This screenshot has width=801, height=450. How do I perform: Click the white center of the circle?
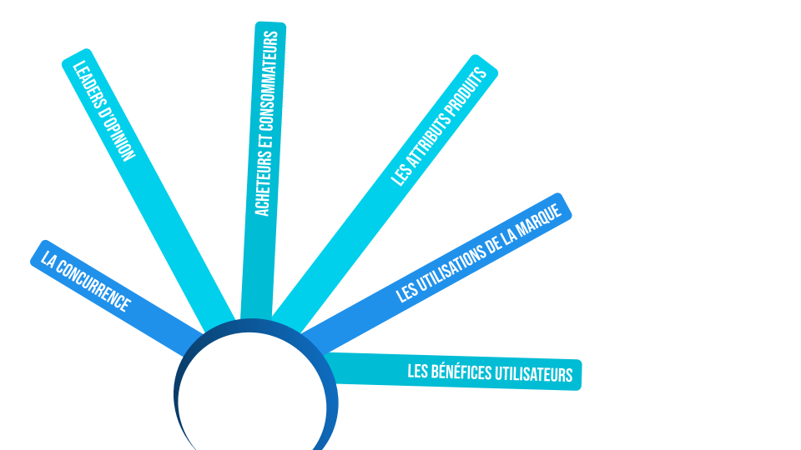pos(251,400)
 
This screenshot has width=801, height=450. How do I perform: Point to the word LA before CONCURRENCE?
pos(49,262)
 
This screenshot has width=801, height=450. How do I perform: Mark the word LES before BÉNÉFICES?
pos(417,370)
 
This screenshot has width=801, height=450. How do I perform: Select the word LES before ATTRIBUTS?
pos(402,173)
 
